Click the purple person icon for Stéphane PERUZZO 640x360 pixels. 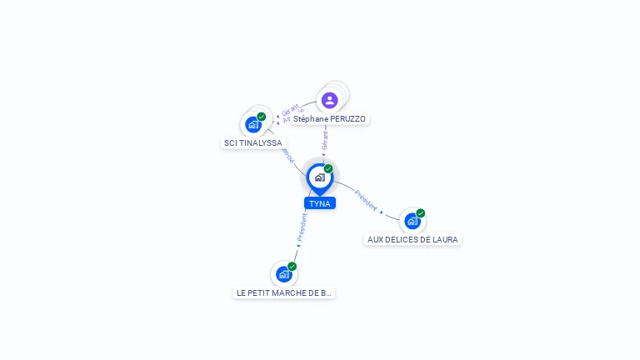click(x=329, y=100)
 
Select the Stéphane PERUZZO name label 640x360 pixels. click(x=329, y=119)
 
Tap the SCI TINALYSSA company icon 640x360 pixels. click(x=253, y=125)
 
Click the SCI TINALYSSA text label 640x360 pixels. click(x=253, y=143)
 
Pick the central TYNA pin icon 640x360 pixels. click(x=319, y=177)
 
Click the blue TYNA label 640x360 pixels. click(x=319, y=203)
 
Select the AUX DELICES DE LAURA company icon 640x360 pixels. click(x=412, y=221)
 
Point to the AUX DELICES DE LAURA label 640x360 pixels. click(x=412, y=240)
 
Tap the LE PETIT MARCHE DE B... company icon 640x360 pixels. click(x=283, y=274)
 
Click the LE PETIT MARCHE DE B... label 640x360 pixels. click(x=284, y=293)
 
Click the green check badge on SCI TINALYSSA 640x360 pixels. click(x=262, y=117)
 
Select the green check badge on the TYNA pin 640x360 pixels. click(x=328, y=169)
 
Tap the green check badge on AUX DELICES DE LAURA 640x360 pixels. click(x=421, y=213)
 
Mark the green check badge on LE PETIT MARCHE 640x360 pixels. click(x=292, y=267)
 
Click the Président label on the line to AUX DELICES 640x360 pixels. click(x=366, y=200)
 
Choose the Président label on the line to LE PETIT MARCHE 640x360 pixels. click(x=302, y=226)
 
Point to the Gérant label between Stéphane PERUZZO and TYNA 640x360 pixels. click(x=325, y=140)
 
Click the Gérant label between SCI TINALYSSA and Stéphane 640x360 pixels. click(x=289, y=110)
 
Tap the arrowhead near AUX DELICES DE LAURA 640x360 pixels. click(x=382, y=212)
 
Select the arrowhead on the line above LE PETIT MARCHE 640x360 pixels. click(x=298, y=244)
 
